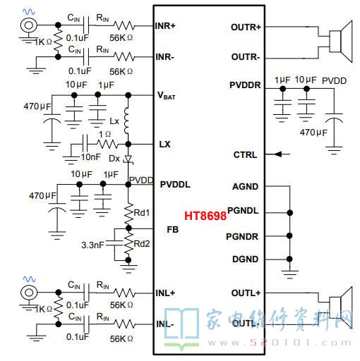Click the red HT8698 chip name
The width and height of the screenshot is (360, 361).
205,216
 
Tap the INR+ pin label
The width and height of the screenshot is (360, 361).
165,26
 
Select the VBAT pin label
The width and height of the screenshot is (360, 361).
166,95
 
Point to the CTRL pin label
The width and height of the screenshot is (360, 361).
245,155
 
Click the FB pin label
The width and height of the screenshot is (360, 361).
173,230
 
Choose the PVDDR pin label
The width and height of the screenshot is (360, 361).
245,85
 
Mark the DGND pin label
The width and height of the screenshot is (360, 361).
245,259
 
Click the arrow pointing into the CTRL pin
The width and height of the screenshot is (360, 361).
282,154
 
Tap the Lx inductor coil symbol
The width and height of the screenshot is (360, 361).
127,121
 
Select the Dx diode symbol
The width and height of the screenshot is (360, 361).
128,159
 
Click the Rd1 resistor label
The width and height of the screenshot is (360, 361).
142,213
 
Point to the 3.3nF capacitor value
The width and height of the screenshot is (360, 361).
92,245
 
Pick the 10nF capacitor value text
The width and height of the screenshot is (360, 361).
91,157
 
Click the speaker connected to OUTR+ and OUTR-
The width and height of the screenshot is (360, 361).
341,42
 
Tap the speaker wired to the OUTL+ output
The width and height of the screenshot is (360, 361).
341,308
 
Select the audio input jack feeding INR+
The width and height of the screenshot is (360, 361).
28,25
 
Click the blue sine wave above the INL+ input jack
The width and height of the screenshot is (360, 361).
29,279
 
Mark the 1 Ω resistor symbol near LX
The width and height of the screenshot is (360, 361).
107,144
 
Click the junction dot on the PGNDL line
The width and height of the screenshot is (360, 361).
290,213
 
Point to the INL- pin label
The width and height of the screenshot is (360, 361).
165,324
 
